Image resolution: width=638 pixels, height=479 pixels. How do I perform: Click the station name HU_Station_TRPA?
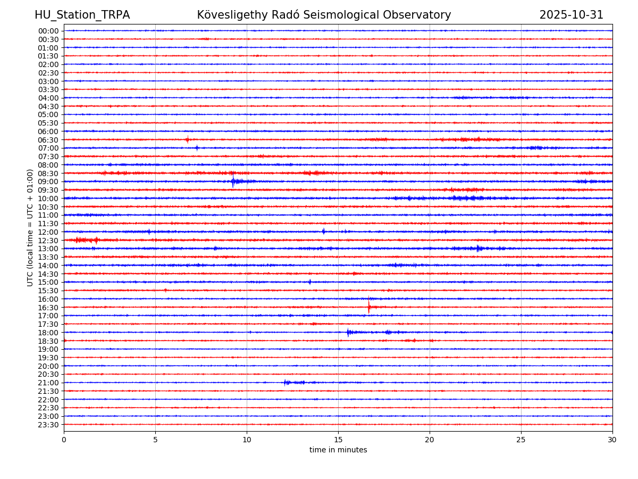click(x=82, y=15)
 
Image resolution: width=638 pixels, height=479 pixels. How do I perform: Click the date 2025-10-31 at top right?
click(x=571, y=15)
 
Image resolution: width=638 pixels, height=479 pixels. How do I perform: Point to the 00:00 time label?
click(x=48, y=31)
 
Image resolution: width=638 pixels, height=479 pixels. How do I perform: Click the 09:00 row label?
click(x=48, y=181)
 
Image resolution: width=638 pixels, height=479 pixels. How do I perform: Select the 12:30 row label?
click(x=48, y=241)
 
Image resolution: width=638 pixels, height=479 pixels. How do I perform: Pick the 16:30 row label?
click(x=48, y=308)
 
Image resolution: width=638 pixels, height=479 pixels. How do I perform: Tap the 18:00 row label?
click(x=48, y=333)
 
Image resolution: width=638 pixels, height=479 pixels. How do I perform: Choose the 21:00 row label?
click(x=48, y=383)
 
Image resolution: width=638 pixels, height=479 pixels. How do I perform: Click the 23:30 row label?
click(x=48, y=425)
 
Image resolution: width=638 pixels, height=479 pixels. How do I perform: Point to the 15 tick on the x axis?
click(x=338, y=440)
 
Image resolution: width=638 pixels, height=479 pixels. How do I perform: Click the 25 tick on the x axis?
click(x=521, y=440)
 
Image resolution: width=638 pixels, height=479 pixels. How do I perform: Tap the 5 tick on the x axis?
click(x=155, y=440)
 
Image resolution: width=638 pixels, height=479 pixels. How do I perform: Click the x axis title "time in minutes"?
click(x=338, y=450)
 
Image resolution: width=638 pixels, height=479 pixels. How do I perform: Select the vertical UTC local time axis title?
click(x=30, y=227)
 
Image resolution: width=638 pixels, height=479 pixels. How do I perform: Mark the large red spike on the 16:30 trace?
click(x=369, y=307)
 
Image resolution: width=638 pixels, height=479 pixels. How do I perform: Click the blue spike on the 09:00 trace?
click(x=233, y=181)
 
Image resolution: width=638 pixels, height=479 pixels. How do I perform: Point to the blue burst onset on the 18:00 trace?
click(x=348, y=332)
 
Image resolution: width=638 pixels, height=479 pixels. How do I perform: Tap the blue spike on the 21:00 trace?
click(x=285, y=382)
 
